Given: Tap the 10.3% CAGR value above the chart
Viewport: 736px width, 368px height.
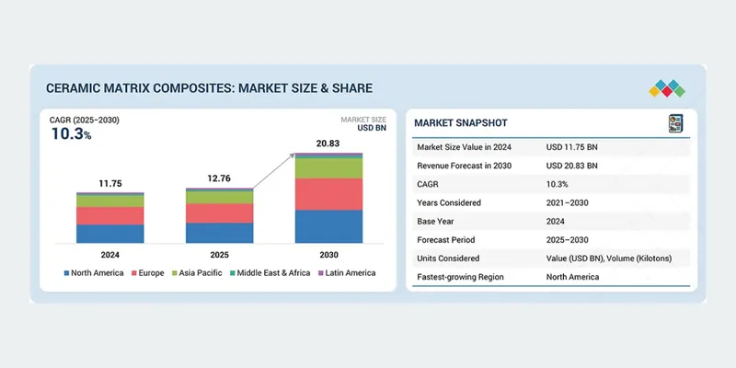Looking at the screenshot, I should [71, 134].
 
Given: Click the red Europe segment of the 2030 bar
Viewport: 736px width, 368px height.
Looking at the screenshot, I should [328, 194].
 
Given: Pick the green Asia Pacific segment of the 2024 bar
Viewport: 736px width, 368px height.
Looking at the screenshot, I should [109, 201].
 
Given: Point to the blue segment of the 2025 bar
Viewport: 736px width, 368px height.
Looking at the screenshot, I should [219, 233].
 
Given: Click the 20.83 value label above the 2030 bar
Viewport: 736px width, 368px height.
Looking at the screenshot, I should [328, 144].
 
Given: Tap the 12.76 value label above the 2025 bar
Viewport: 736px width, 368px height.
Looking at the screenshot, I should [219, 178].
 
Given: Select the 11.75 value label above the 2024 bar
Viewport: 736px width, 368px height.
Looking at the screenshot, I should [109, 183].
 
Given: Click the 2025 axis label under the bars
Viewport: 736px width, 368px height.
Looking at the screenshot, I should [219, 255].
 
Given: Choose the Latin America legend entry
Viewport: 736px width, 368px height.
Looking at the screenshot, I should [347, 273].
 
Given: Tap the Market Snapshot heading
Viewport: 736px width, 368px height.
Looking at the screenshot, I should [461, 123].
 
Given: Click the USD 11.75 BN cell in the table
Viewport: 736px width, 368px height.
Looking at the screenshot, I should [571, 147].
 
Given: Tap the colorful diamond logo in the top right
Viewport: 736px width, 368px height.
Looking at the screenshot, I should [667, 88].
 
